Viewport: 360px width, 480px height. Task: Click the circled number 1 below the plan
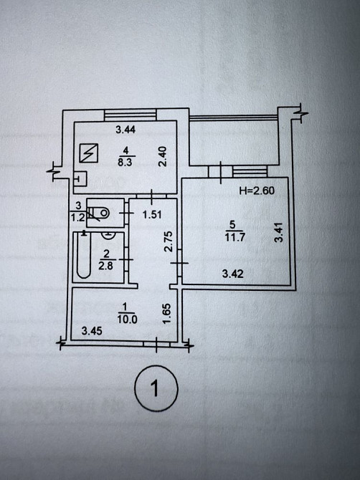156,388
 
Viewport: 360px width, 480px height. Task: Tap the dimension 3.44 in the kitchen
125,130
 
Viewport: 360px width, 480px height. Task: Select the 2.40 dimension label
162,156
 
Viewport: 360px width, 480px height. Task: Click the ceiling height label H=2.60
257,191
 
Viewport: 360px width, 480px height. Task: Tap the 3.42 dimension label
233,274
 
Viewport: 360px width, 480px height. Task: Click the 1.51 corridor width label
152,214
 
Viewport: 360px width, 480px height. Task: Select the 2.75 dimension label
169,241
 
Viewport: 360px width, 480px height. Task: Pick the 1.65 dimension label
166,314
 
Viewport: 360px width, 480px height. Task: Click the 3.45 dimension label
92,330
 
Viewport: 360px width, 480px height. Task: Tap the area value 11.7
235,237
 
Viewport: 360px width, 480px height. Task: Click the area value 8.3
125,162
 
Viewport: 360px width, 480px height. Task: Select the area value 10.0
127,320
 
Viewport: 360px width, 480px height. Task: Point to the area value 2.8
105,265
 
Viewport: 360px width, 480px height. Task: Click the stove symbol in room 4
89,153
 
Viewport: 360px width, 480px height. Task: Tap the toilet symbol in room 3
99,212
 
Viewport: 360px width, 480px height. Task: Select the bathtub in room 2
84,255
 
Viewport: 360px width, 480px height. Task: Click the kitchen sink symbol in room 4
80,178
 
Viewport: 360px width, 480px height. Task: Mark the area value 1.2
78,218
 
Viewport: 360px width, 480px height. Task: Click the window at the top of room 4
131,115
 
